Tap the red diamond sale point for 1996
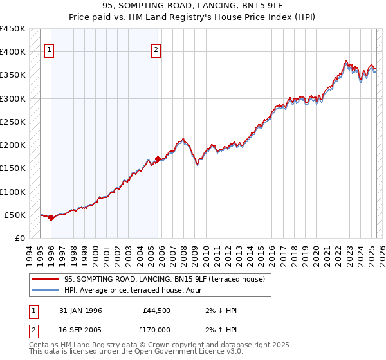tap(51, 217)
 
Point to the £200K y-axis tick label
tap(13, 145)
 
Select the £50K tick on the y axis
tap(15, 215)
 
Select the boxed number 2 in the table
tap(33, 329)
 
